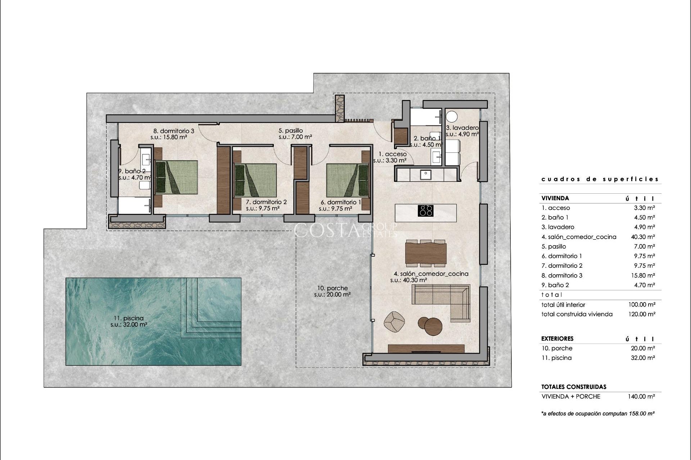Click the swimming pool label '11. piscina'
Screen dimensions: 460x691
tap(128, 318)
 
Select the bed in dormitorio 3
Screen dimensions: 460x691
tap(176, 177)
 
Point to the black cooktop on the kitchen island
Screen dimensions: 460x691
tap(425, 211)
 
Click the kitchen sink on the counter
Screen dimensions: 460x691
tap(426, 174)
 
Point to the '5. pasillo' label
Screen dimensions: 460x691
tap(291, 130)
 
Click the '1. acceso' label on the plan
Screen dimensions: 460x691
tap(390, 154)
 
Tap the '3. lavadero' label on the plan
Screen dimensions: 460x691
tap(462, 128)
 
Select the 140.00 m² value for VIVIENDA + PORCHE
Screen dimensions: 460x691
tap(641, 396)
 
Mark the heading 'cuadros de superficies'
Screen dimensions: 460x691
tap(600, 179)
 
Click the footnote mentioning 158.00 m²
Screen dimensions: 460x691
tap(597, 414)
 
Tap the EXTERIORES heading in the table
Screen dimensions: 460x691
tap(557, 339)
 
